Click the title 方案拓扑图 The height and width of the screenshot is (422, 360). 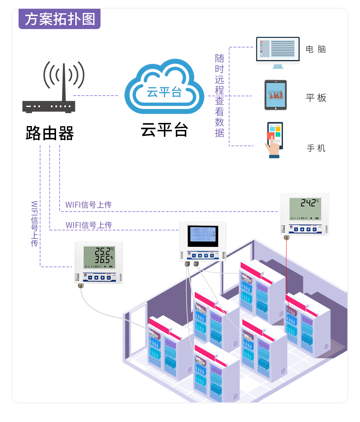point(60,19)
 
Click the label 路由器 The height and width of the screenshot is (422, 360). point(50,133)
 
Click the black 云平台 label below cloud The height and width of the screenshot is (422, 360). point(164,130)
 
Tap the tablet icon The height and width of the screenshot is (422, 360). point(276,95)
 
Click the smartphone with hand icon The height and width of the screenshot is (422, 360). point(274,140)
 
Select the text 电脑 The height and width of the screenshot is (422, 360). point(316,49)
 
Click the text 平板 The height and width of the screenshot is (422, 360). point(316,98)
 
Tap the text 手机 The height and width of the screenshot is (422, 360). point(316,148)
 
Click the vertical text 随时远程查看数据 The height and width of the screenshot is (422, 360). point(220,95)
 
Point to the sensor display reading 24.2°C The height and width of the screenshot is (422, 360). point(305,208)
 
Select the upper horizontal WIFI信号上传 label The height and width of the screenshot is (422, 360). point(88,205)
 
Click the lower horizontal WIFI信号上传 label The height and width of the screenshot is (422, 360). point(89,225)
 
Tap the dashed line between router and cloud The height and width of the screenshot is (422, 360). point(95,95)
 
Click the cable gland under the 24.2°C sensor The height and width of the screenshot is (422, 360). point(286,237)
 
